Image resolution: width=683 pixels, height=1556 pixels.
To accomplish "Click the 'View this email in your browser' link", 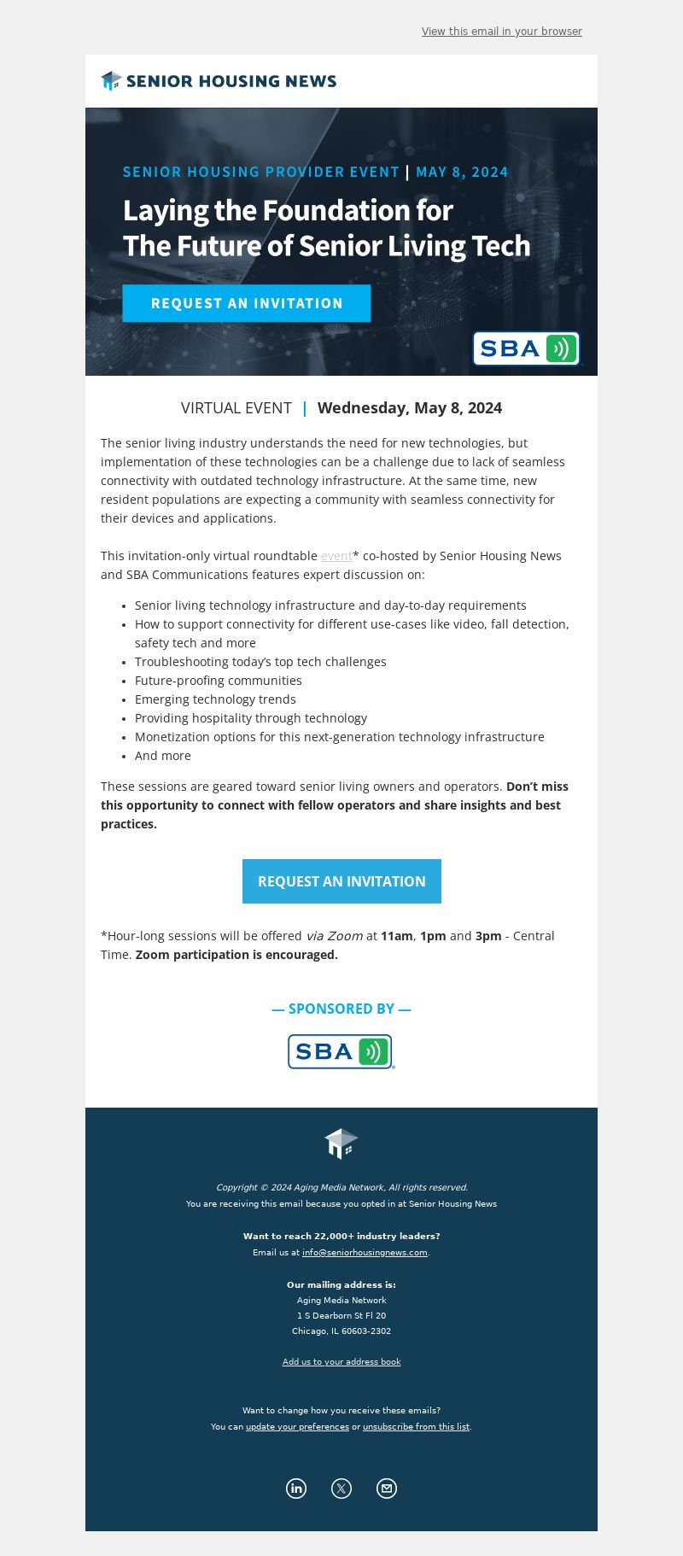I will click(501, 32).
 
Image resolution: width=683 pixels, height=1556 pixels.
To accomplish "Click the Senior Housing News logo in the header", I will click(219, 81).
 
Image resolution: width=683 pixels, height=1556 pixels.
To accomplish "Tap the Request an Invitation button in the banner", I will click(246, 303).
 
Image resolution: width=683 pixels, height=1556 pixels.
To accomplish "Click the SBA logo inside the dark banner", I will click(526, 348).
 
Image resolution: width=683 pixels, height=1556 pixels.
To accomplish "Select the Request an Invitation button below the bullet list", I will click(341, 881).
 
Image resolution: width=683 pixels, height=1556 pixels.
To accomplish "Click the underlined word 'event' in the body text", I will click(336, 556).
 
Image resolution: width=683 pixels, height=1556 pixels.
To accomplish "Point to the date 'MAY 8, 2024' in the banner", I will click(462, 172).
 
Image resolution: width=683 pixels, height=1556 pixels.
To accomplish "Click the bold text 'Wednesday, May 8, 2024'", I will click(410, 408).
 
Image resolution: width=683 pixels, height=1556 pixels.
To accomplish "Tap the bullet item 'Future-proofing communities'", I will click(219, 681).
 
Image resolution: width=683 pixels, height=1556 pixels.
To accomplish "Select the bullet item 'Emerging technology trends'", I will click(215, 699).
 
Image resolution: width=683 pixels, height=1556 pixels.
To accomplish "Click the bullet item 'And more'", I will click(163, 756).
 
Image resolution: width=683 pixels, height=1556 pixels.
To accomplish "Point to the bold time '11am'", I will click(397, 936).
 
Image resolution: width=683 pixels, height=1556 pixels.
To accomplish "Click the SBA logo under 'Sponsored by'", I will click(341, 1051).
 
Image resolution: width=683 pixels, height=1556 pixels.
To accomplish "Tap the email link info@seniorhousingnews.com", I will click(365, 1253).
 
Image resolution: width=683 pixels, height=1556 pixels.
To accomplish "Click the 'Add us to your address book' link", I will click(341, 1362).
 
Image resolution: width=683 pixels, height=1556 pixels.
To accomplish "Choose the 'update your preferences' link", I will click(297, 1427).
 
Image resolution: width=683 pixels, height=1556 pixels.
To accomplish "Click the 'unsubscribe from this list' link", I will click(416, 1427).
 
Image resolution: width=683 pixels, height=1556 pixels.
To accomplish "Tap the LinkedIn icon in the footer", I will click(296, 1489).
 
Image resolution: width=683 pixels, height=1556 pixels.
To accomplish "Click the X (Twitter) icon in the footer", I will click(341, 1489).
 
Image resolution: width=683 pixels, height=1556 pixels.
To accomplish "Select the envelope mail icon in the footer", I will click(387, 1489).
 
